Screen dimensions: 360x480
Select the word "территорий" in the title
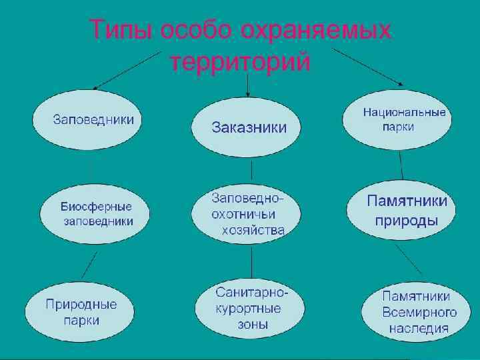tap(241, 63)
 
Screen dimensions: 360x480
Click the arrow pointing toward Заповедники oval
tap(127, 70)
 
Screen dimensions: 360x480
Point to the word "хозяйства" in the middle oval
tap(253, 231)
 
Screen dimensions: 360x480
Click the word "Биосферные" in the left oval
tap(96, 207)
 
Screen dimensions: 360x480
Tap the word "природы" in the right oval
tap(406, 221)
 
